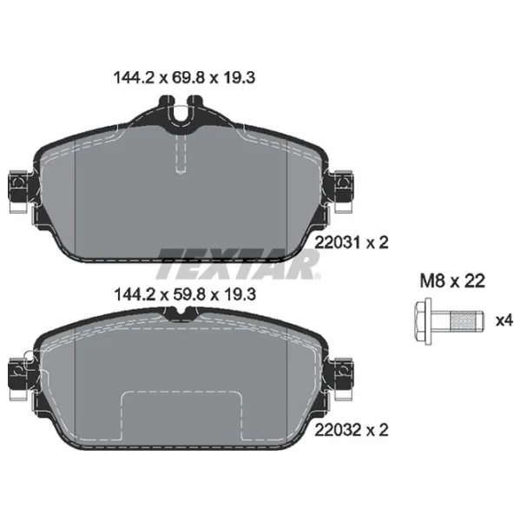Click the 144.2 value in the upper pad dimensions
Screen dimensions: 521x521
(x=134, y=78)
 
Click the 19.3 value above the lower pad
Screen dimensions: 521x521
(x=241, y=294)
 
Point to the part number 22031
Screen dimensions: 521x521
(x=337, y=242)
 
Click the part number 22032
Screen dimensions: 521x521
(x=337, y=430)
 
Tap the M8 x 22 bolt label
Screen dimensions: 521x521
(x=452, y=281)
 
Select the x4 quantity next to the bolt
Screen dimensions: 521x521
(x=504, y=321)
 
